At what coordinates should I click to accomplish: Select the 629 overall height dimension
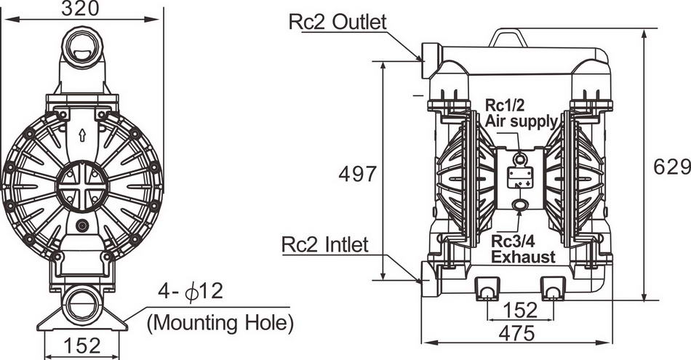671,167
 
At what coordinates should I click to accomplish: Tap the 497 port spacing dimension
358,174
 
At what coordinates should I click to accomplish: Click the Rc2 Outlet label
337,22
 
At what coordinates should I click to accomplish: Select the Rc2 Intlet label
325,244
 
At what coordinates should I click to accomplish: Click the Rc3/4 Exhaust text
523,249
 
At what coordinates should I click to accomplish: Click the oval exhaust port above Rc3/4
520,204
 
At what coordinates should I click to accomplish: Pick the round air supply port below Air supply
520,159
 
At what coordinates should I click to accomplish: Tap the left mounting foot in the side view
487,289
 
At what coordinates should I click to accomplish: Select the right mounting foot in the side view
552,289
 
